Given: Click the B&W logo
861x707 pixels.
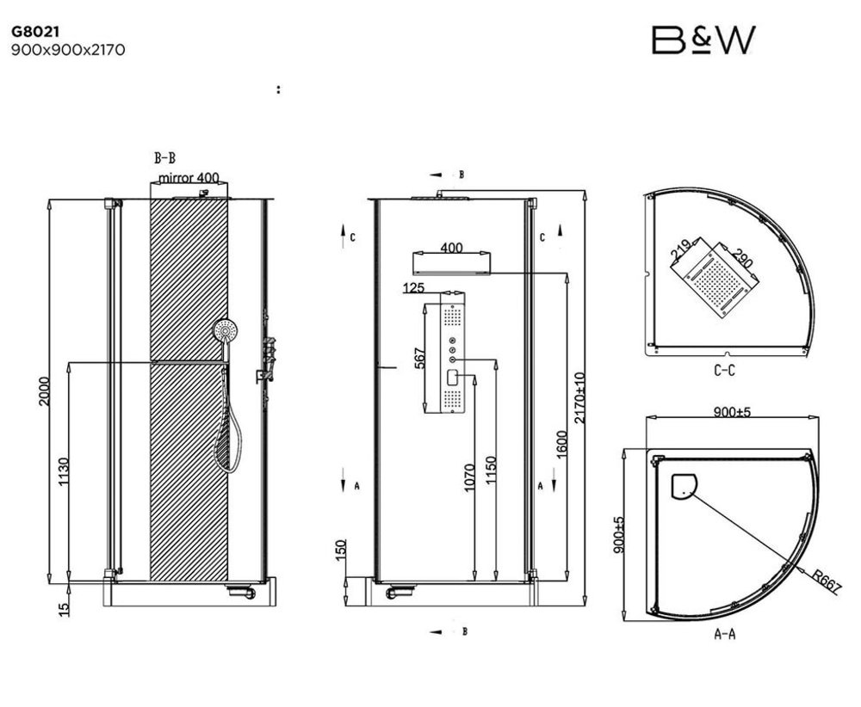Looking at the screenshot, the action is click(703, 40).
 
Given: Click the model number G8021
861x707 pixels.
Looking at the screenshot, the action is click(35, 32).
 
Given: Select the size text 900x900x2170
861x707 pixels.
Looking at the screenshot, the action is click(68, 50).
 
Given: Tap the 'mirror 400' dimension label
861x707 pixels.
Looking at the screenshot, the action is click(189, 178).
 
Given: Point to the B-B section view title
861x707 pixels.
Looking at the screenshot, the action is click(164, 158).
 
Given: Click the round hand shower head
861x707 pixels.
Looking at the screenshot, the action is click(225, 330).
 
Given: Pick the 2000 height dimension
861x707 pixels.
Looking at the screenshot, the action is click(44, 391).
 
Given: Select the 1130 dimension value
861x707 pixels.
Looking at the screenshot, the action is click(64, 471).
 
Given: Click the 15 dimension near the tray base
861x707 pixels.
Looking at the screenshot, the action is click(65, 608).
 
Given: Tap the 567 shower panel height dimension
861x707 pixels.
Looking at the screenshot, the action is click(419, 358).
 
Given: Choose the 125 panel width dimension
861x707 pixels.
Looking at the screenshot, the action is click(413, 287).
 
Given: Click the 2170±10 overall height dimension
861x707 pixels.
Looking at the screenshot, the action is click(579, 397).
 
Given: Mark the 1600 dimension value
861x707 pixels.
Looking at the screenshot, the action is click(561, 445).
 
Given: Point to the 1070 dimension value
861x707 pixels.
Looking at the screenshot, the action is click(469, 476).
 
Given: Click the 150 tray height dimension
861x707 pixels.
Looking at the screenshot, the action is click(340, 550).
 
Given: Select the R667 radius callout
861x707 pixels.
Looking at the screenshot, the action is click(827, 582).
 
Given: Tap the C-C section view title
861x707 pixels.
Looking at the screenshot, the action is click(724, 370).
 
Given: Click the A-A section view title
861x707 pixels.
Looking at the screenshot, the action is click(725, 634).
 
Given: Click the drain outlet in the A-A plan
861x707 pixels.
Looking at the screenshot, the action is click(684, 486).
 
